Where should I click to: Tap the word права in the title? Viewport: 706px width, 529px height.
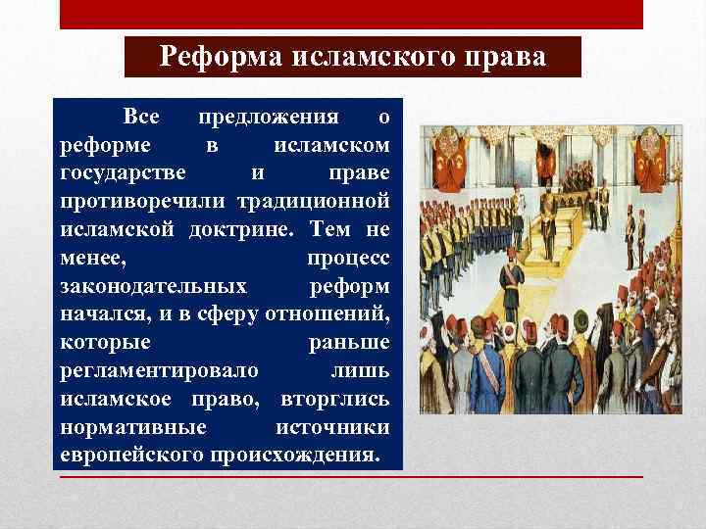[x=509, y=57]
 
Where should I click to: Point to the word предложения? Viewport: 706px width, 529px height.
[x=269, y=118]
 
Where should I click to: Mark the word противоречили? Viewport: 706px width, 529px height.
[x=144, y=202]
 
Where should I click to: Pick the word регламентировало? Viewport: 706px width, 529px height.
[x=160, y=371]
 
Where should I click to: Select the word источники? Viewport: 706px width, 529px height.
[x=332, y=428]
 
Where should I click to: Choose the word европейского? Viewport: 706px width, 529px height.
[x=129, y=456]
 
